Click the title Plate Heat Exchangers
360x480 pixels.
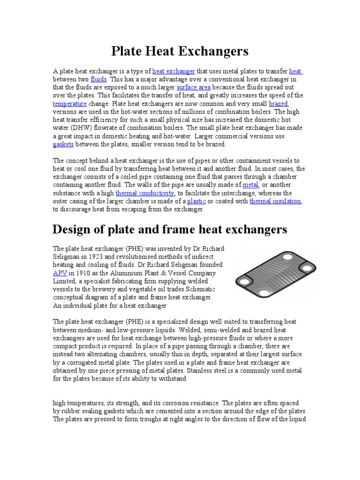180,51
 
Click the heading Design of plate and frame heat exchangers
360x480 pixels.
170,229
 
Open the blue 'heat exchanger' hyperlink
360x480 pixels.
173,71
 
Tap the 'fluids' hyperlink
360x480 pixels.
98,79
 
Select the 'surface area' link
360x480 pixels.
193,87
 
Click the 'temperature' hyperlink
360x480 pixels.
70,103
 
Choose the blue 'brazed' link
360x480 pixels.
278,103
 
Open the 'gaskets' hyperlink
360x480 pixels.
63,144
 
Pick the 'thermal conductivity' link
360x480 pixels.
145,193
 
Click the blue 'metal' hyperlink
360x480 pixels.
250,185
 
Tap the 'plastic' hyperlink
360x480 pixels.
196,201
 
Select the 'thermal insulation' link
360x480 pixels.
275,201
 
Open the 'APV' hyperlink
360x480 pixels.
60,273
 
